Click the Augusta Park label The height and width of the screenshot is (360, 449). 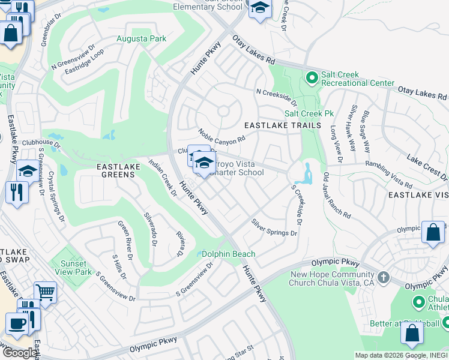click(141, 38)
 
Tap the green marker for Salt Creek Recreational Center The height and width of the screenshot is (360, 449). click(312, 77)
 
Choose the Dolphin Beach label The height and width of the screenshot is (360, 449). click(228, 254)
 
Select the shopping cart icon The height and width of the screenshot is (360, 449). click(45, 293)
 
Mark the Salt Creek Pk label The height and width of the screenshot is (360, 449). click(309, 113)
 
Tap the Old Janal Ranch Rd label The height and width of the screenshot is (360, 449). click(336, 195)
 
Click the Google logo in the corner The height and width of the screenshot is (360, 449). click(19, 353)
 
